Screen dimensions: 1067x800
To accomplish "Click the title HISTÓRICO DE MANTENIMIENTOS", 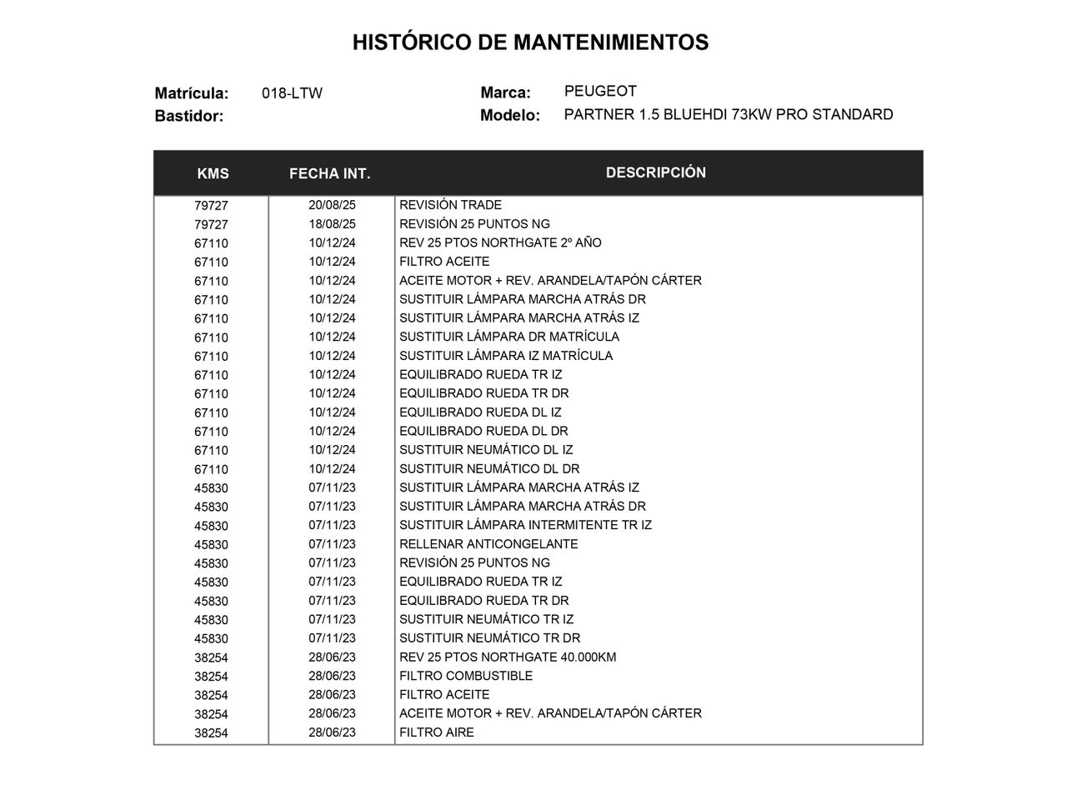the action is point(530,42).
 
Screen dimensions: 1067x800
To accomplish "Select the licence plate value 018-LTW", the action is point(292,93).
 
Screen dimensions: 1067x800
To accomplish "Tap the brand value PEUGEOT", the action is point(600,92).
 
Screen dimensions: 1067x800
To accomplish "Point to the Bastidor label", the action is point(189,116).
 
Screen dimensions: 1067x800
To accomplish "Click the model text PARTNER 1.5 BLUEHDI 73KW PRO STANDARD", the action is point(729,115).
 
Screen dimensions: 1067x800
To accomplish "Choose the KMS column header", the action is point(213,173).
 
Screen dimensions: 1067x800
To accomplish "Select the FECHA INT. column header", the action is point(330,173).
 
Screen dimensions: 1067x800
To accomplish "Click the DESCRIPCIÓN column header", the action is point(656,172).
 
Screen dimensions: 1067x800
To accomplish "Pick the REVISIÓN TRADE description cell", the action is point(450,205).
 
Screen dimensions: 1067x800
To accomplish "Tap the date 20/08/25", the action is point(332,205).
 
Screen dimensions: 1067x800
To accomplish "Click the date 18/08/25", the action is point(332,224).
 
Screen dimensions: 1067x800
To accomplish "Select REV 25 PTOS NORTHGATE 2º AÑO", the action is point(500,242).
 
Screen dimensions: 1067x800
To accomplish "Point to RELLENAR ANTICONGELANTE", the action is point(488,544).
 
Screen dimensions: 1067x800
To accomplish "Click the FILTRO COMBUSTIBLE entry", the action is point(466,676).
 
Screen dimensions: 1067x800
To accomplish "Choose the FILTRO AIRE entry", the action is point(437,732).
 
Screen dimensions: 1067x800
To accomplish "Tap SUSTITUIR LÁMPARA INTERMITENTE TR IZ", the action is point(525,525).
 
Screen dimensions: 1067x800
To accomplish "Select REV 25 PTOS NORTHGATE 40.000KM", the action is point(508,657).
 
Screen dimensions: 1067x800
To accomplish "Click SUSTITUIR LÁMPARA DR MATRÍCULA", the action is point(509,337).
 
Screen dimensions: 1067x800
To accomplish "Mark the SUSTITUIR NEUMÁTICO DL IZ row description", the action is point(486,450).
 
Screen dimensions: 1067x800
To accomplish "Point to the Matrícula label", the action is point(192,93).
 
